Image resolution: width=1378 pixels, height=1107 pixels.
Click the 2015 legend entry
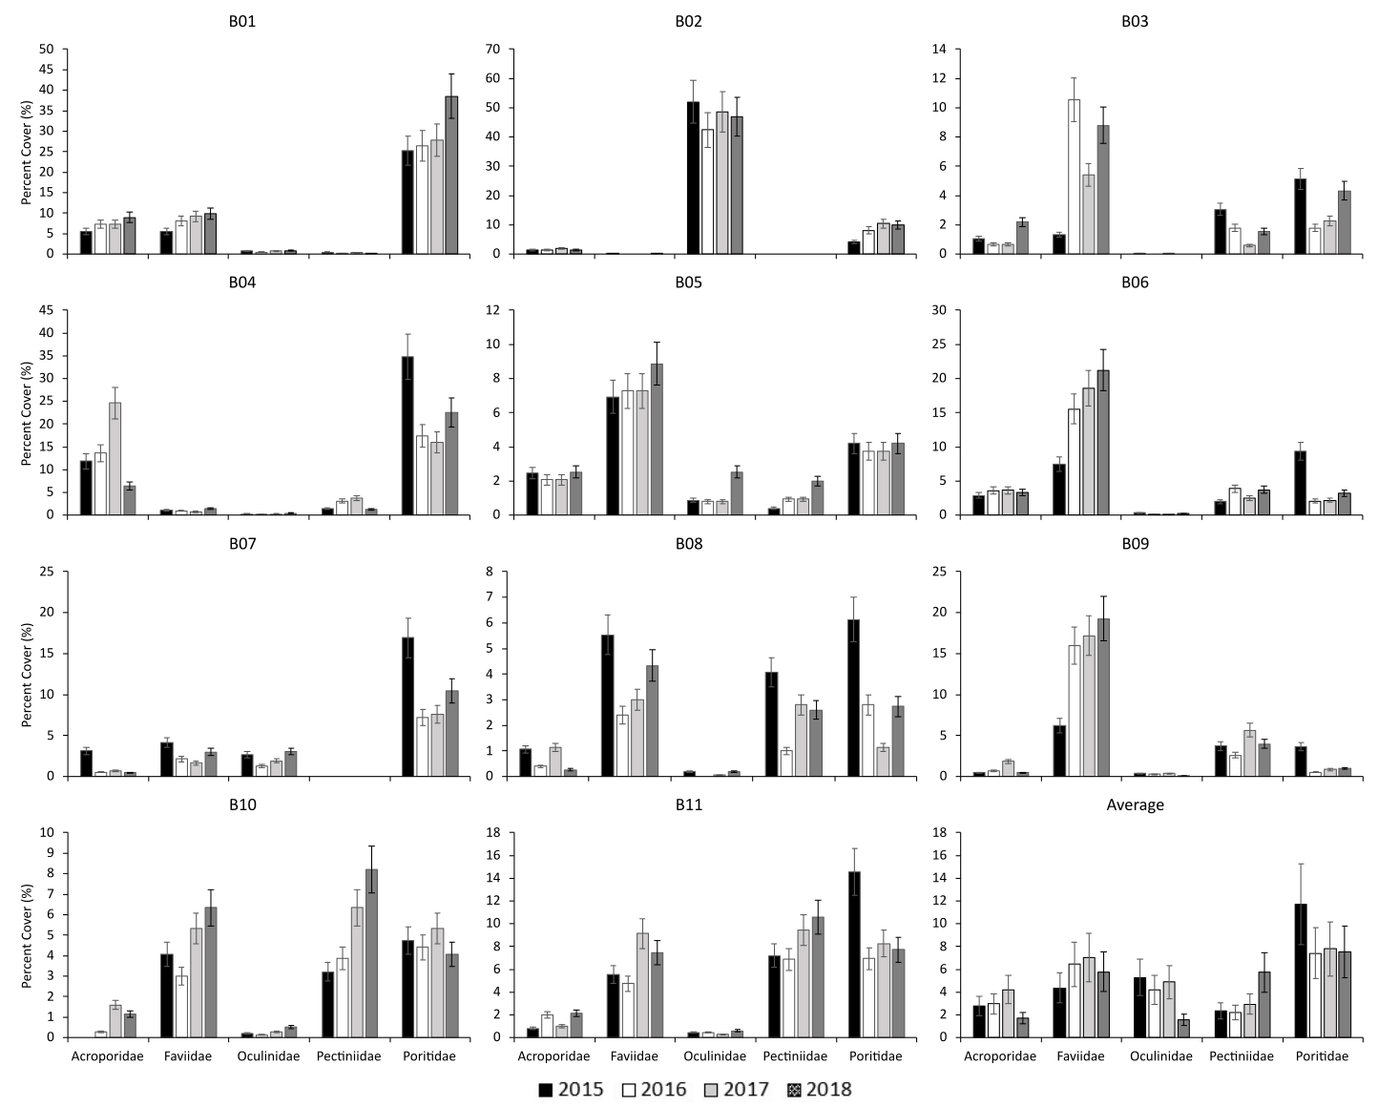tap(572, 1090)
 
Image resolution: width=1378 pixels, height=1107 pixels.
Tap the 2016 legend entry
tap(654, 1090)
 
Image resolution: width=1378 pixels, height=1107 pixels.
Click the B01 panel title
tap(242, 21)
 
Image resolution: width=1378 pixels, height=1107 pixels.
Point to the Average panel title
tap(1135, 804)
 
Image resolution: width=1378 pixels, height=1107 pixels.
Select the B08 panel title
tap(688, 544)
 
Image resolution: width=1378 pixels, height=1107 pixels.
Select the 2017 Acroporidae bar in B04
tap(115, 459)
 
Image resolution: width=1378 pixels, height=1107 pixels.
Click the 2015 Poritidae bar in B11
tap(854, 954)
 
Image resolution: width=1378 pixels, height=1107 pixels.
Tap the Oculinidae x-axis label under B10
tap(268, 1056)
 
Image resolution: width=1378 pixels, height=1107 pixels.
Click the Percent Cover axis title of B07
tap(29, 674)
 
